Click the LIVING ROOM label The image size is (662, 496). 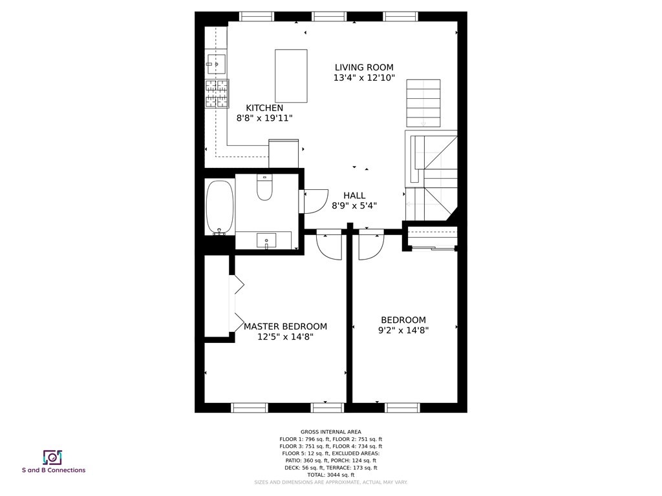coord(363,67)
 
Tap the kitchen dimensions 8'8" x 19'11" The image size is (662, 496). coord(264,118)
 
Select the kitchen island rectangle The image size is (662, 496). coord(291,76)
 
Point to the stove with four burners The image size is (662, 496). coord(217,93)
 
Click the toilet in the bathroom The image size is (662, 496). coord(265,188)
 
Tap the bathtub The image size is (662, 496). coord(219,207)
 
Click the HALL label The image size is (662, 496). coord(354,195)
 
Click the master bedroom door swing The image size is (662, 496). coord(329,246)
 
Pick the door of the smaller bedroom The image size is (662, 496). coord(370,246)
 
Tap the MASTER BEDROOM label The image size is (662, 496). coord(285,326)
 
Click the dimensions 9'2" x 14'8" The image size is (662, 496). coord(403,330)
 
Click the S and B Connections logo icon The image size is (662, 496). coord(52,457)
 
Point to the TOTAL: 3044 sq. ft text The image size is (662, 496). coord(331,475)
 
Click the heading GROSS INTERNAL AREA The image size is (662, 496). coord(331,431)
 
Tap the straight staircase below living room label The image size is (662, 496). coord(423,103)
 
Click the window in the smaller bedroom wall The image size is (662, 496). coord(402,407)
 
